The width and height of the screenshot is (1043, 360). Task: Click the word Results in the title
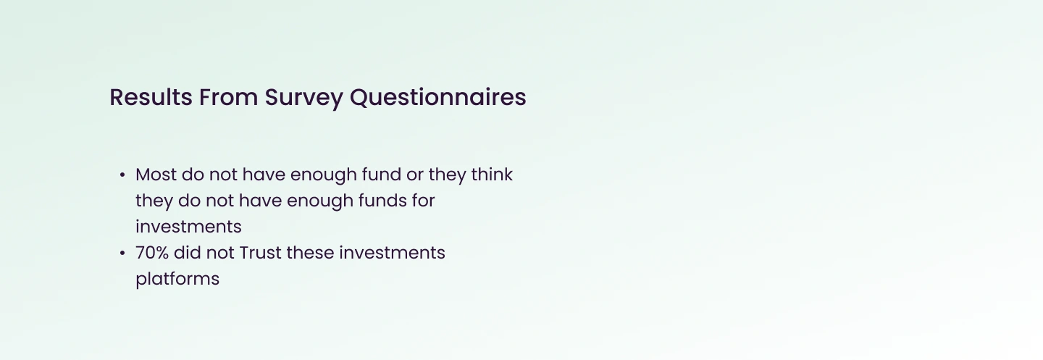[x=151, y=97]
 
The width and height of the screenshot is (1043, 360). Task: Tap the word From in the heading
[x=229, y=97]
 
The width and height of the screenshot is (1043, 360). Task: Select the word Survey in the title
[x=303, y=99]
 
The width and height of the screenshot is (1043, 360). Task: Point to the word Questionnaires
[x=437, y=98]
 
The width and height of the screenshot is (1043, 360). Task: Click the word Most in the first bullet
[x=156, y=175]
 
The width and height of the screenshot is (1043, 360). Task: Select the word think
[x=492, y=175]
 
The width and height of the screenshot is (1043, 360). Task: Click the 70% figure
[x=152, y=253]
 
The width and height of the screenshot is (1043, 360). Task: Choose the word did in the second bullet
[x=187, y=253]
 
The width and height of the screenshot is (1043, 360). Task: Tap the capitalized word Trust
[x=260, y=253]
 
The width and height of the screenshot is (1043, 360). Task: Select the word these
[x=310, y=253]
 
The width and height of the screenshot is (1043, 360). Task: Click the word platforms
[x=177, y=280]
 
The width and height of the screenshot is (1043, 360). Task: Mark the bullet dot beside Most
[x=122, y=175]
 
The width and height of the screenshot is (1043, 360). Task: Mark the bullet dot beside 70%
[x=122, y=254]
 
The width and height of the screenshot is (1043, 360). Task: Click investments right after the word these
[x=392, y=253]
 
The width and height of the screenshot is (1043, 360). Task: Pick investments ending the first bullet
[x=188, y=227]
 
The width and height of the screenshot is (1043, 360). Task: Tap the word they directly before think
[x=447, y=175]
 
